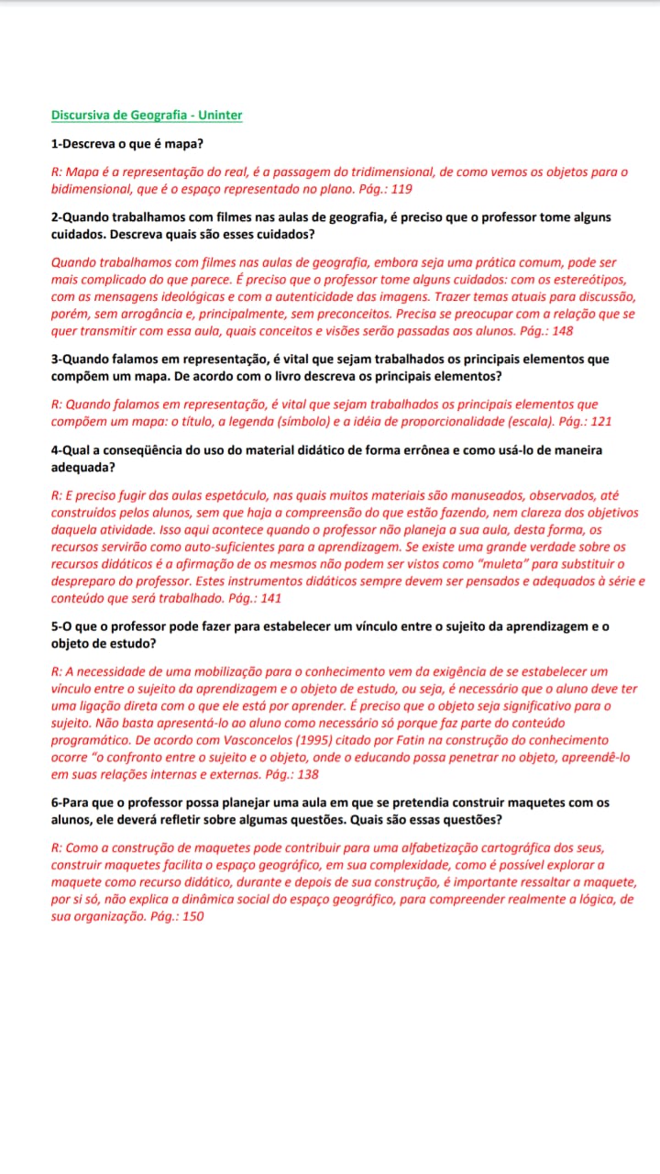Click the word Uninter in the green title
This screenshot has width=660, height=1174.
(220, 115)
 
